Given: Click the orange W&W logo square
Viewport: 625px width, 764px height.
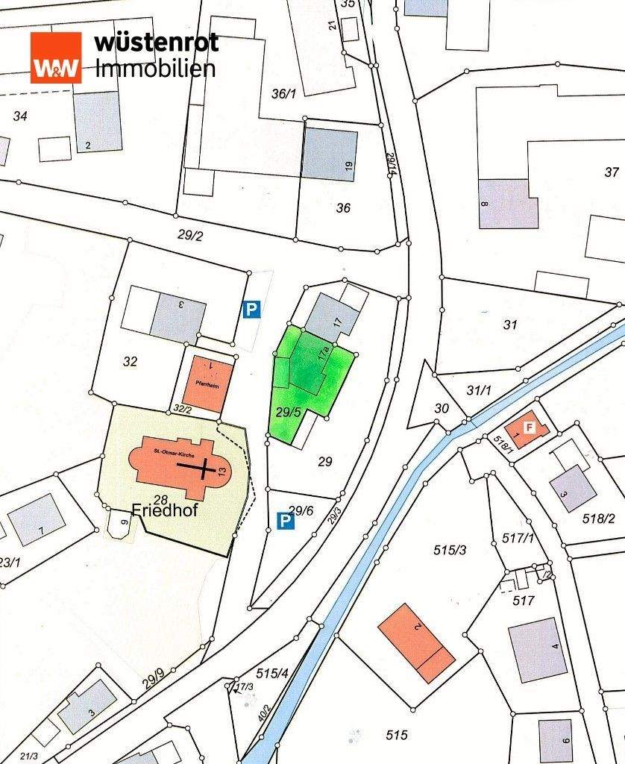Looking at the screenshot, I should point(55,57).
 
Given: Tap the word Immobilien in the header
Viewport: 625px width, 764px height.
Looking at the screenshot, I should point(156,68).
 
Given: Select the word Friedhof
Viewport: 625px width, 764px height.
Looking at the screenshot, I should point(164,511).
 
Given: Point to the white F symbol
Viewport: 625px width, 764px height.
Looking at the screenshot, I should point(529,428).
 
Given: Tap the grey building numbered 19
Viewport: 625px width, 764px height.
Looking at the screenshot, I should point(330,155).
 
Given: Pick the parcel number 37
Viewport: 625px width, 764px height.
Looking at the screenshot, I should point(612,173).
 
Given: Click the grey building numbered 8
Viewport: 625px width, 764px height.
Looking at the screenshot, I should point(507,203).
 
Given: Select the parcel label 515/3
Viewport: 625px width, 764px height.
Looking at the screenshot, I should point(450,550).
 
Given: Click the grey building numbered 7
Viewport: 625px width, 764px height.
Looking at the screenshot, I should point(36,520).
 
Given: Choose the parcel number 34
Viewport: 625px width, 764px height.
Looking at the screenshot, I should point(20,116).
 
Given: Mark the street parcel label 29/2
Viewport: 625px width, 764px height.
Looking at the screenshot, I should point(191,235).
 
